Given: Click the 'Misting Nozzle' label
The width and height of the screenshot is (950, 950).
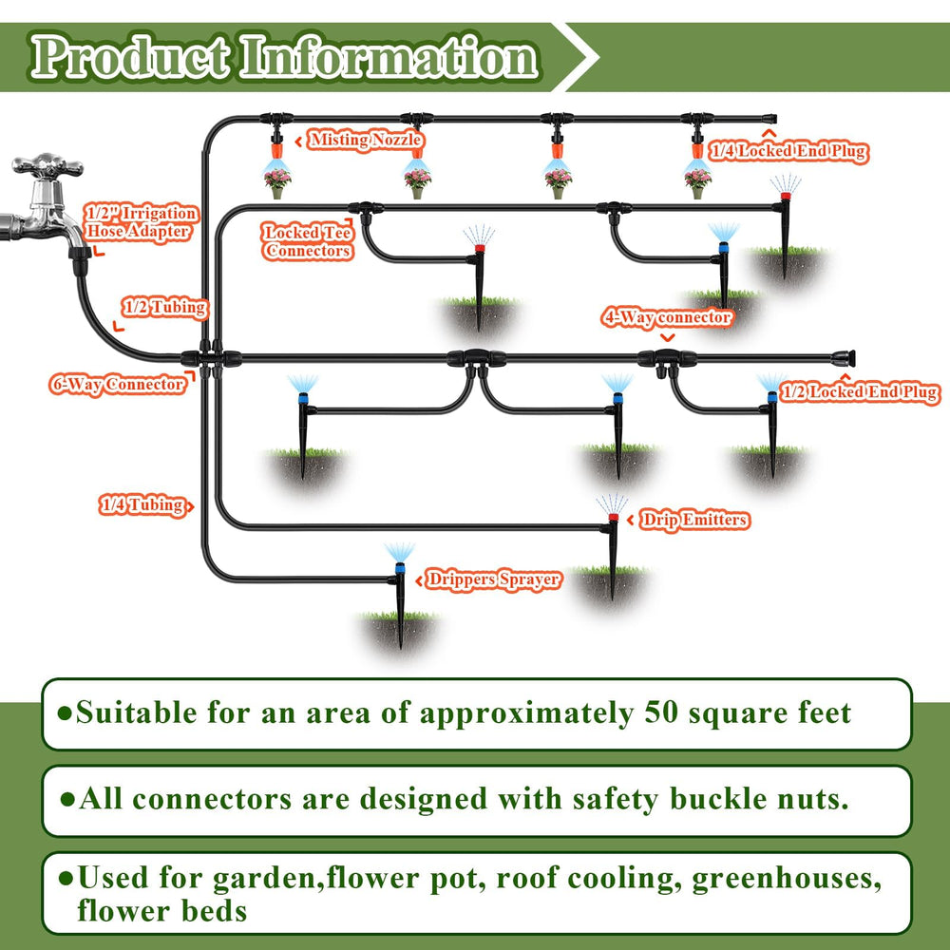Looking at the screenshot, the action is point(366,140).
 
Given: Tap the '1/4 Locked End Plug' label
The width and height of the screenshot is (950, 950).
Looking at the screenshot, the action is point(788,151).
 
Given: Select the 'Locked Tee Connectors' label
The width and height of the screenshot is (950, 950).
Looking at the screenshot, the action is point(308,241).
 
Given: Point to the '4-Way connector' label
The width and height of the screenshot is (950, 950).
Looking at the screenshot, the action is point(667,317).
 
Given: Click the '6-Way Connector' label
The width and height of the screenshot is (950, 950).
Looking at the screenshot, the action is point(118,385).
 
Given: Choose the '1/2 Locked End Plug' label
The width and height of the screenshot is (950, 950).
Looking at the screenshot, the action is point(859,392).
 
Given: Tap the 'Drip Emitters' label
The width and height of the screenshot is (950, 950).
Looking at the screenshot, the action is point(694,520).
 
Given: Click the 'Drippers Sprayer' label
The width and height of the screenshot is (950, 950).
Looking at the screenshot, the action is point(493,579).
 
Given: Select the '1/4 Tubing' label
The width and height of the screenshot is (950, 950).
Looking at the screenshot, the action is point(143,504).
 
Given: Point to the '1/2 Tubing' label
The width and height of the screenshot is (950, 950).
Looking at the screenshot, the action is point(164,307).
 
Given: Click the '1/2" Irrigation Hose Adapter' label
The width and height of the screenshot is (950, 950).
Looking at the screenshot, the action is point(141,222).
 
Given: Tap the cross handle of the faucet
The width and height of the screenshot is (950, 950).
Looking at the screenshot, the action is point(47,164).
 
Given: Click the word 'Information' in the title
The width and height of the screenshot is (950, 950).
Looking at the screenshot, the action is point(389,58).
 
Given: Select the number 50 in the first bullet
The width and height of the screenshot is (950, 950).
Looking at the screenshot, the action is point(660,712).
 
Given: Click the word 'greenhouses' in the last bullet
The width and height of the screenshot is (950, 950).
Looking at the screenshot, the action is point(787,878).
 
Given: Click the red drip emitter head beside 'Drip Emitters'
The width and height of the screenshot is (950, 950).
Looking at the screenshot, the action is point(613,518).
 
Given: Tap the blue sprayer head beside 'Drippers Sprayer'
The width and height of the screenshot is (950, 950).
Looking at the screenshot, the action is point(400,569).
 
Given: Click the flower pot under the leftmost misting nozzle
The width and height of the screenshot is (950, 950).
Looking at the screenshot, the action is point(277,193).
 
